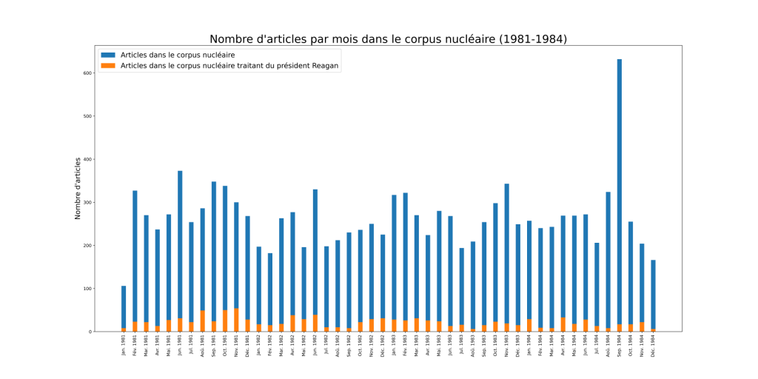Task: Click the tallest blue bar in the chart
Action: (620, 185)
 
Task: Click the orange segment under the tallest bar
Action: (620, 328)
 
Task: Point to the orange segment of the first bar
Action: (124, 329)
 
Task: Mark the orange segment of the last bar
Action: (654, 330)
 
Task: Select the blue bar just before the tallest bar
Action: (608, 259)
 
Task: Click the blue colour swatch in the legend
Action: (108, 56)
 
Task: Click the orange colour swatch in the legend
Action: (108, 66)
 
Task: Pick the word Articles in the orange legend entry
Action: (134, 66)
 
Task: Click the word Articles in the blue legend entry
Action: (134, 56)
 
